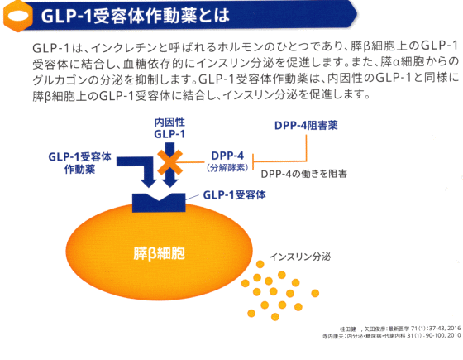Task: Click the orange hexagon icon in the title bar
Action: pos(17,16)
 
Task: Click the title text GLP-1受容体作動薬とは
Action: pos(136,16)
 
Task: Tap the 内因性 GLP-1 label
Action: pos(169,128)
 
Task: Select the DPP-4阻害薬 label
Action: pos(306,125)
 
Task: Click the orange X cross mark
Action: pos(169,162)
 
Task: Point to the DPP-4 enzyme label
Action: pos(227,156)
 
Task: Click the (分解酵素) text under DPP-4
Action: pos(227,167)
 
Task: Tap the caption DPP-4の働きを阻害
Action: pos(304,174)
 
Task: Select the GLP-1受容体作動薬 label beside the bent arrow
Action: pos(79,163)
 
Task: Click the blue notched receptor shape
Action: pos(159,203)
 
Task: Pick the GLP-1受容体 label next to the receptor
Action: pos(235,194)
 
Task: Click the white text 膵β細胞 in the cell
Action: pos(159,253)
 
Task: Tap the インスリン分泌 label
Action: pos(300,257)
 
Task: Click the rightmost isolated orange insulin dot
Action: pos(315,293)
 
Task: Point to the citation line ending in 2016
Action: pos(400,329)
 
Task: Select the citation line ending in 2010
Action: pos(392,336)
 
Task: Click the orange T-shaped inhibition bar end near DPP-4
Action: pos(253,161)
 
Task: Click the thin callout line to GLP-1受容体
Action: pos(192,197)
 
